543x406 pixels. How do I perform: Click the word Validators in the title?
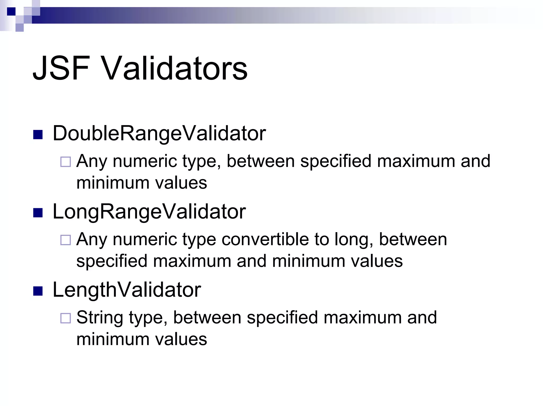point(175,68)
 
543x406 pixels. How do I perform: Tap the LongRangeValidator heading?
point(149,212)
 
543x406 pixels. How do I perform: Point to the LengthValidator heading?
point(127,290)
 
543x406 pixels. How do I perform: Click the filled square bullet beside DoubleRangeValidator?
point(38,135)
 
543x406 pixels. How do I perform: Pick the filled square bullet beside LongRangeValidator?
point(38,213)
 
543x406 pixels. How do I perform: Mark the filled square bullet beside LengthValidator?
point(38,291)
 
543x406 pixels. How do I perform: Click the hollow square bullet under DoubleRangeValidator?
point(65,162)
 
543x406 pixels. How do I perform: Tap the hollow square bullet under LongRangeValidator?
point(65,240)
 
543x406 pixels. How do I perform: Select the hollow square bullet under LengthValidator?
point(65,318)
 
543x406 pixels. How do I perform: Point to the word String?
point(100,318)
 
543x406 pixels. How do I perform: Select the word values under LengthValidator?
point(181,339)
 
